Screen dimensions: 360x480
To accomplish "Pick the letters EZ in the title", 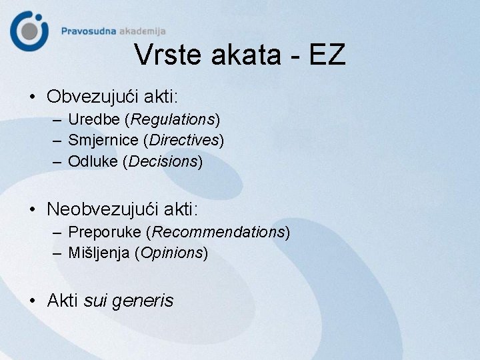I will pos(327,55).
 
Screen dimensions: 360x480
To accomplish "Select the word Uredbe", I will pos(96,120).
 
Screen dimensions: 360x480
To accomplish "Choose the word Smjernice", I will pos(105,141).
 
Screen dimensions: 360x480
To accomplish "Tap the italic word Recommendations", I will pos(219,233).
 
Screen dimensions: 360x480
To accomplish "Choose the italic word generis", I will pos(143,301).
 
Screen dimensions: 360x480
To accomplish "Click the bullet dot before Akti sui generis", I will pos(33,301).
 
